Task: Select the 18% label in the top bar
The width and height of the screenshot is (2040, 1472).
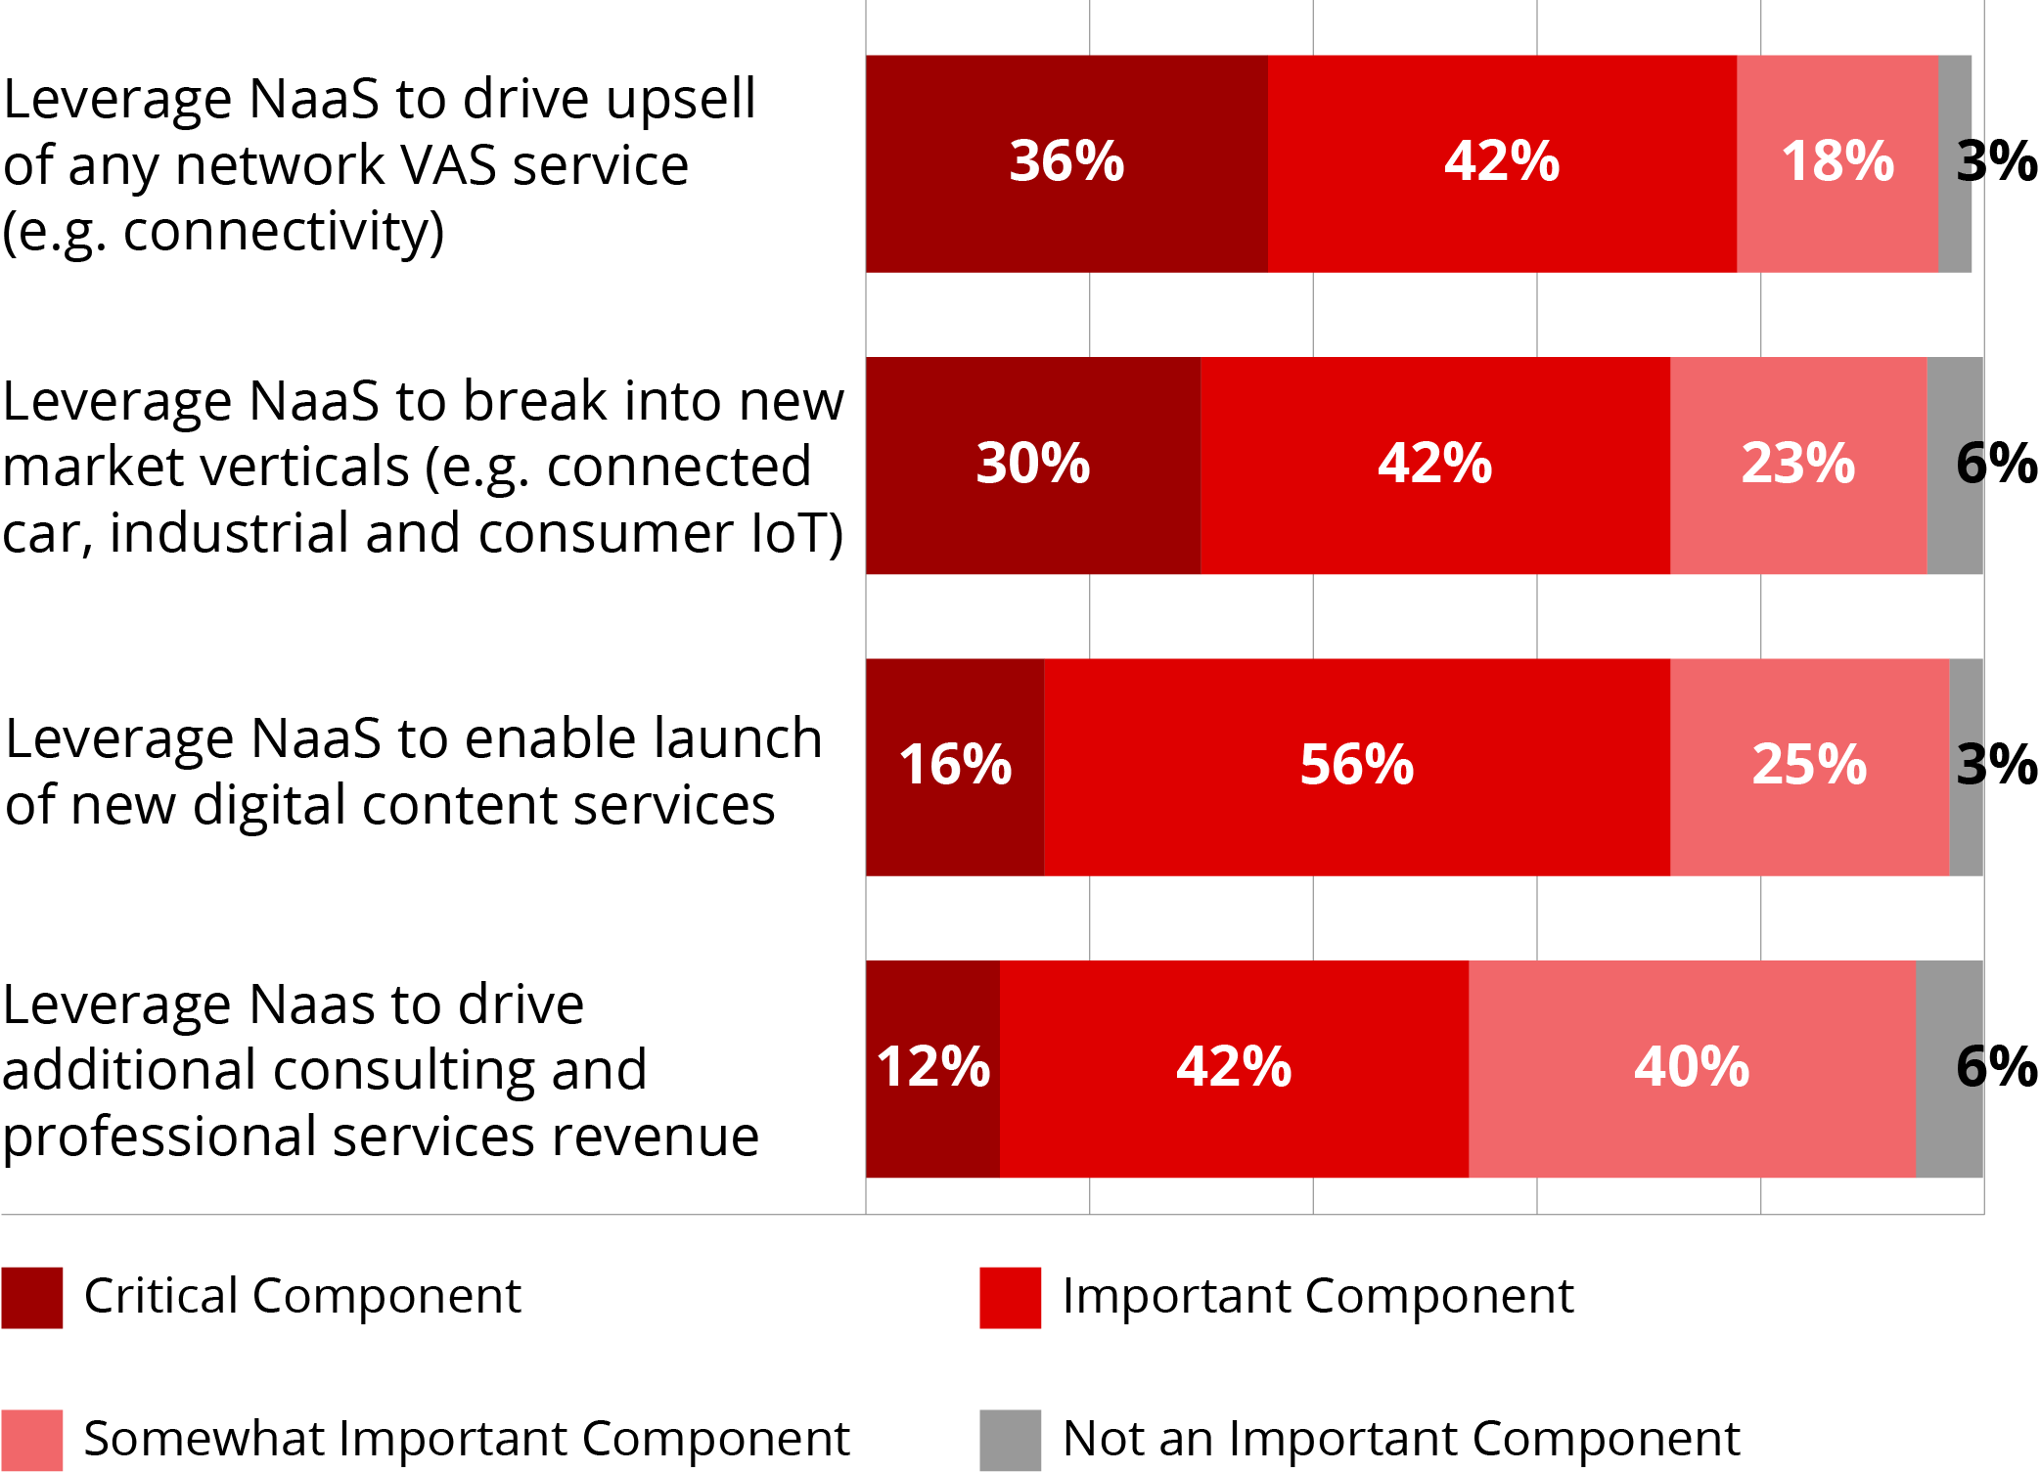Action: point(1837,161)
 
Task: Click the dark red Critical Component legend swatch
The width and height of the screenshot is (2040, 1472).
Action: point(32,1298)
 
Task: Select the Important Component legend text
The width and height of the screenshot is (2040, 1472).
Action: point(1318,1296)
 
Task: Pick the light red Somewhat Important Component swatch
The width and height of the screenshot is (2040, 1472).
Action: point(32,1440)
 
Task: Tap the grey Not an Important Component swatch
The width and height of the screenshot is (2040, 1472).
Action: point(1011,1440)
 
